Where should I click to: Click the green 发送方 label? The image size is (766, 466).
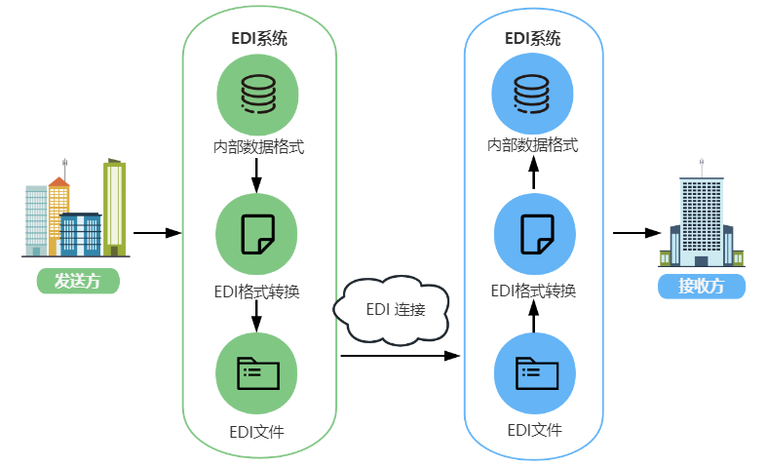[x=78, y=282]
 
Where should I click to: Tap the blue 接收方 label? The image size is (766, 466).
[x=702, y=287]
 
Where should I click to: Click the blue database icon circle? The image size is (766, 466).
[x=533, y=94]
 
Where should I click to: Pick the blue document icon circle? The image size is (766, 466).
[x=533, y=234]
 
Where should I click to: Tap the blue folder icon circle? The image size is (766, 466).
[x=533, y=372]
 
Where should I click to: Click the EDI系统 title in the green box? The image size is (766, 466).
[x=258, y=39]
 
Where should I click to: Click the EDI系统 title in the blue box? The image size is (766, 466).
[x=533, y=39]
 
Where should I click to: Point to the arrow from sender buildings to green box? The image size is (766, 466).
[x=157, y=233]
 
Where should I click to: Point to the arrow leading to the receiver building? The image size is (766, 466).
[x=637, y=233]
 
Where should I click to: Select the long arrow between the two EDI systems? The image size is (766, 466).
[x=400, y=357]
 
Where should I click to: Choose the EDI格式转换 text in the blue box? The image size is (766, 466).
[x=533, y=291]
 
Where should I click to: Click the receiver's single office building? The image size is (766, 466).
[x=702, y=219]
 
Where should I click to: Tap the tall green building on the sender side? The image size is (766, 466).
[x=115, y=205]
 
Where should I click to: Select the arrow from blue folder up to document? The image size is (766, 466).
[x=533, y=318]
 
